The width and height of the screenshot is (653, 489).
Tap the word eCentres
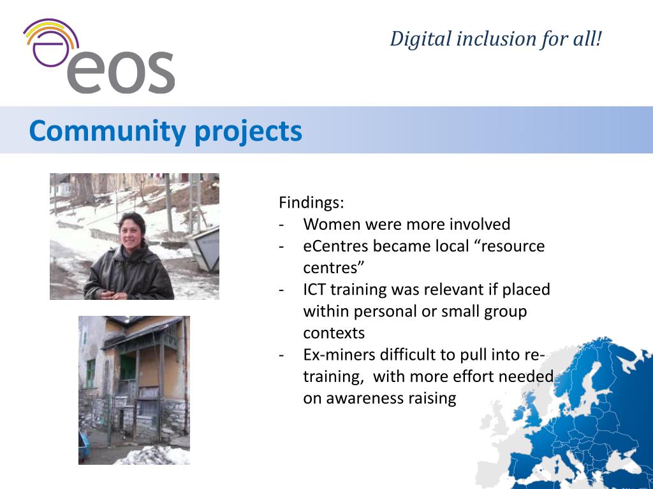pos(335,246)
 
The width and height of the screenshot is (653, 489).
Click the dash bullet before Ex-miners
pos(282,355)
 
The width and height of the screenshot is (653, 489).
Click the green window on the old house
pos(128,367)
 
